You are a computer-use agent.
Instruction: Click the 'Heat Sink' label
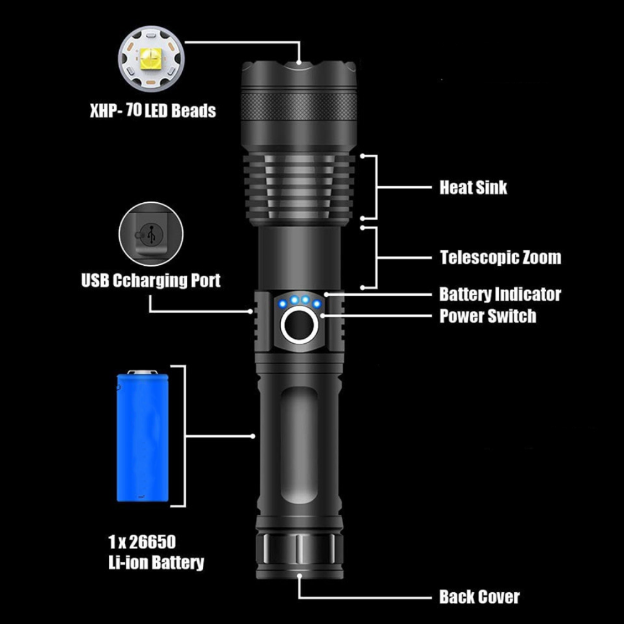(x=473, y=187)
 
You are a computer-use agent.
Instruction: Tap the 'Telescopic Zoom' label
(x=500, y=257)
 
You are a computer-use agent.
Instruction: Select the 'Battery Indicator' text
(x=500, y=294)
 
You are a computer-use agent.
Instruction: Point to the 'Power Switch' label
(x=487, y=316)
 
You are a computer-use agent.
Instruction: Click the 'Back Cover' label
(x=479, y=597)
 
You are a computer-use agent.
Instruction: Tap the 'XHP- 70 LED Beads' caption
(x=152, y=111)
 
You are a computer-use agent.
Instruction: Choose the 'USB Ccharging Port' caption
(x=150, y=280)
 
